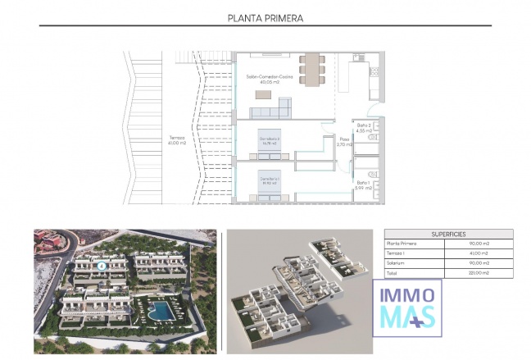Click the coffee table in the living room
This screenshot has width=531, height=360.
coord(262,96)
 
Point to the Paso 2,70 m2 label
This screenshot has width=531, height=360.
coord(345,142)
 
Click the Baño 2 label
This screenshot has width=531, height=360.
coord(364,125)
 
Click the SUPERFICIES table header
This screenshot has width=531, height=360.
coord(448,234)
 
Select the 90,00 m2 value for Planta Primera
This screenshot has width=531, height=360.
coord(479,244)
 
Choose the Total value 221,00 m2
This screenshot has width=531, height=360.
coord(479,272)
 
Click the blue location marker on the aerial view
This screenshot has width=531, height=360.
coord(101,265)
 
